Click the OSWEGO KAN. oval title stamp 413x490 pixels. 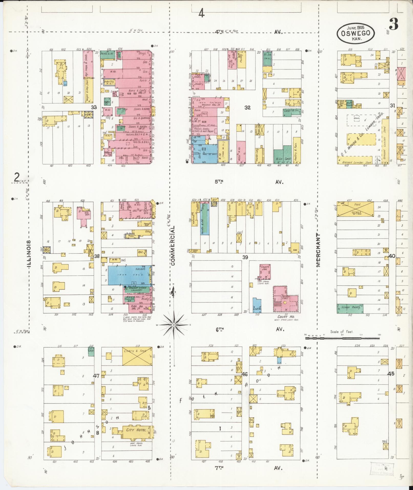tap(356, 33)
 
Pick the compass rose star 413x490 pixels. tap(174, 325)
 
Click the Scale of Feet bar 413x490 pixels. tap(342, 338)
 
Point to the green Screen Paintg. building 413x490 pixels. tap(350, 308)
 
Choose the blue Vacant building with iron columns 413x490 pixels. tap(130, 275)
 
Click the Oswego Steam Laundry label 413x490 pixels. tap(137, 288)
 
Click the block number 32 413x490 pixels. tap(247, 108)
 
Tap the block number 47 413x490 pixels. tap(96, 376)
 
